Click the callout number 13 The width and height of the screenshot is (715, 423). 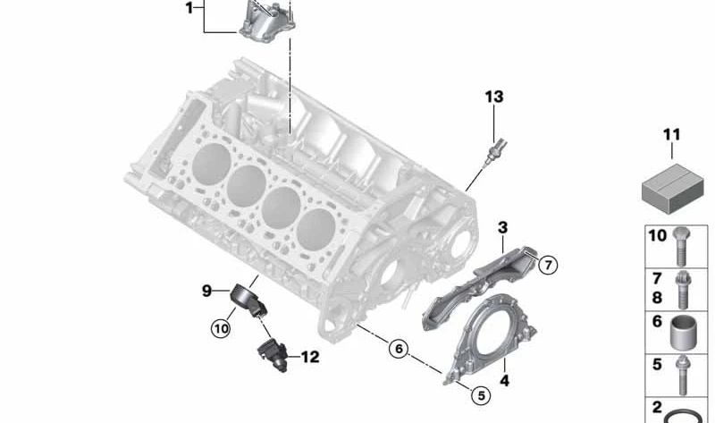point(494,96)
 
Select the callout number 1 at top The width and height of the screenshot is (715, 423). point(189,8)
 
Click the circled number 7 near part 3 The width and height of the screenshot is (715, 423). point(547,264)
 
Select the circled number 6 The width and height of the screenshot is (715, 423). point(398,349)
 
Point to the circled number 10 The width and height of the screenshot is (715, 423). point(220,328)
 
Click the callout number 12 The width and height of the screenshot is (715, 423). point(309,358)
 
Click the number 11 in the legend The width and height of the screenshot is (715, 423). point(671,135)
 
